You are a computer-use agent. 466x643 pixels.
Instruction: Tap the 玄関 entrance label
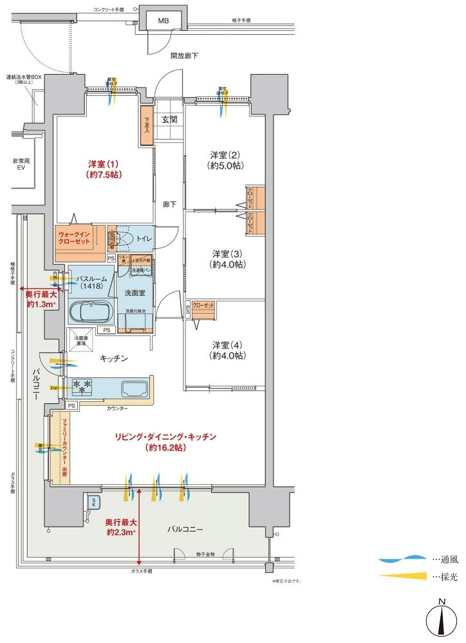coord(170,118)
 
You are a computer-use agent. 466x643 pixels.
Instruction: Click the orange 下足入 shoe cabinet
coord(147,125)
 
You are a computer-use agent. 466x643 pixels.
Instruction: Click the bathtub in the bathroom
coord(91,313)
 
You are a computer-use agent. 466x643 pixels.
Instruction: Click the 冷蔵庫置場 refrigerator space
coord(82,340)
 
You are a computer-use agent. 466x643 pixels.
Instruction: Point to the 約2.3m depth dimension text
coord(120,527)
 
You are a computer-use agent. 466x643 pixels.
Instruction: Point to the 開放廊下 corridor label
coord(184,56)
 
